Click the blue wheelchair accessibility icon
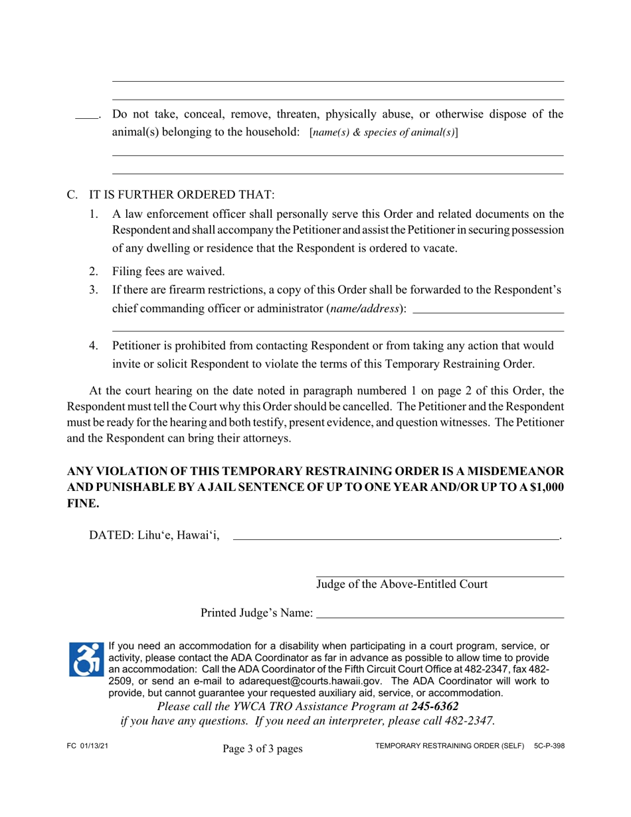[x=86, y=659]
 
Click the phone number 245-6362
[x=434, y=706]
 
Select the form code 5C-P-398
[x=549, y=746]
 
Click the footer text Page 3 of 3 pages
[x=262, y=749]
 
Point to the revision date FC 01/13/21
[x=88, y=746]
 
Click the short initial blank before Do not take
[x=86, y=118]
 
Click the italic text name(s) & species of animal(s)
[x=383, y=132]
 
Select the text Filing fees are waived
[x=169, y=271]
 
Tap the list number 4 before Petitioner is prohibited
[x=94, y=345]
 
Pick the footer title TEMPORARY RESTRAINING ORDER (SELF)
[x=450, y=746]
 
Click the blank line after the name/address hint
[x=488, y=312]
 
